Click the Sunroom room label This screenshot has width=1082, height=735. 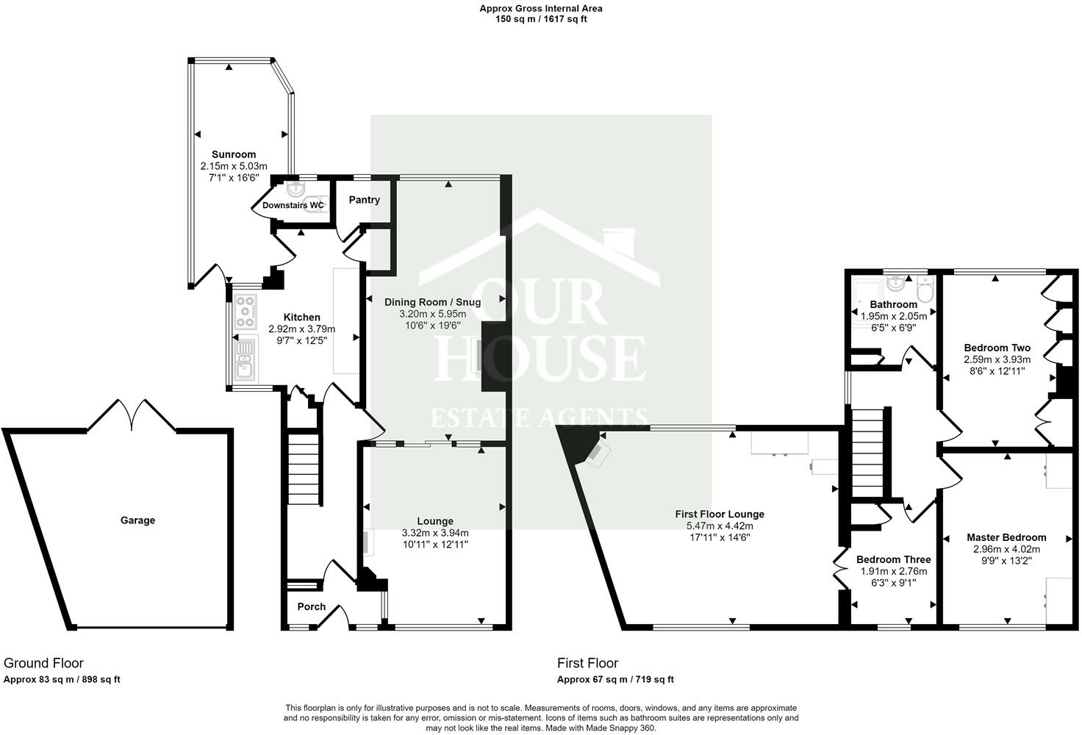pos(234,154)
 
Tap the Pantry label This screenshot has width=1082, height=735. pos(365,200)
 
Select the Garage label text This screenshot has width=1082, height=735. pos(138,520)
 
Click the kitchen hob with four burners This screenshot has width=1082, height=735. pos(245,312)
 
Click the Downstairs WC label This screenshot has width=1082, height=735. pos(293,205)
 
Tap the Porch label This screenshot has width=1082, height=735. pos(312,607)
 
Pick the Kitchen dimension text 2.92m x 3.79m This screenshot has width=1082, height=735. pos(302,329)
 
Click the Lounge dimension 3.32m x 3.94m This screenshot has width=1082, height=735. pos(435,533)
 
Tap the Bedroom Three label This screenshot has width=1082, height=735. pos(893,559)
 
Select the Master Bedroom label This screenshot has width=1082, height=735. pos(1006,537)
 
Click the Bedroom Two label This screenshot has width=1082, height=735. pos(997,348)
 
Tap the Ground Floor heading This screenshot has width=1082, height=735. pos(44,663)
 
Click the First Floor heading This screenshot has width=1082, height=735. pos(588,663)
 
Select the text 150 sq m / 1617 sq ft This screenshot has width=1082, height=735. pos(541,19)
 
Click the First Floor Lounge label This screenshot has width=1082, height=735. pos(720,514)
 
